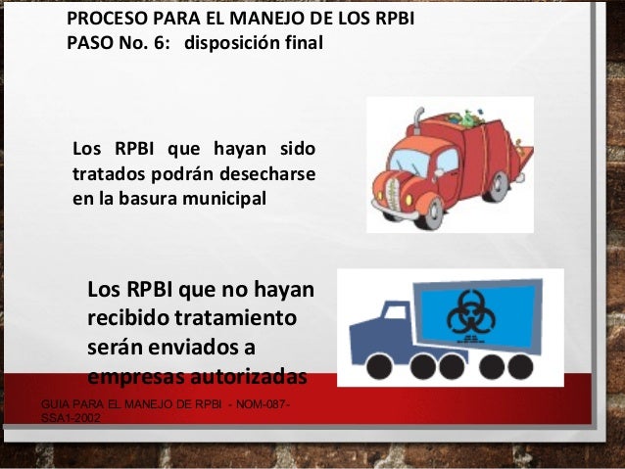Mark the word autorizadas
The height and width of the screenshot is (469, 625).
tap(250, 377)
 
